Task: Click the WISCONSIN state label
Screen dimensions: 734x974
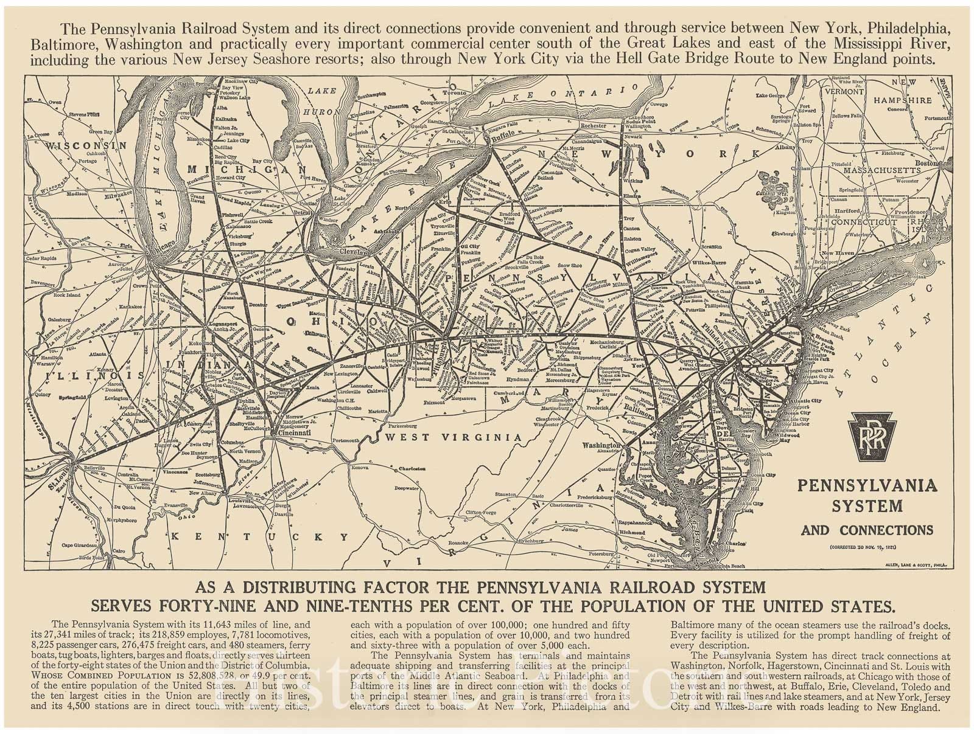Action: tap(89, 146)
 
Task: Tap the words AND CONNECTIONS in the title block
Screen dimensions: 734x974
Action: tap(867, 530)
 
